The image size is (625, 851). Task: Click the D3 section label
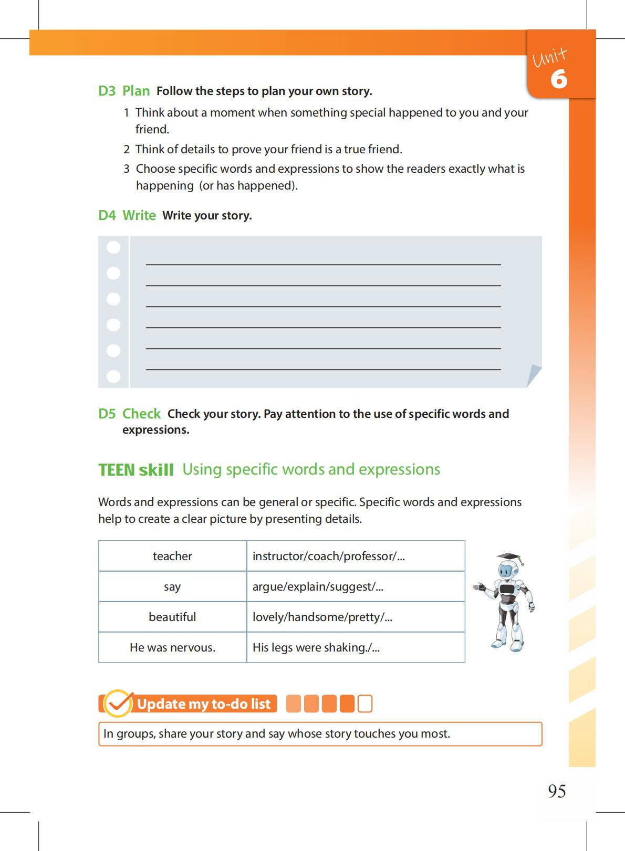[x=107, y=91]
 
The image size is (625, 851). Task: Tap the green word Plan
[x=136, y=91]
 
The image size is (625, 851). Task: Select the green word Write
[x=139, y=215]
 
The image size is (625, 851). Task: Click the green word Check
[x=141, y=414]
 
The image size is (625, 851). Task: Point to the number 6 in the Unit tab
[x=559, y=79]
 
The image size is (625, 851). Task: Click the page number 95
[x=557, y=791]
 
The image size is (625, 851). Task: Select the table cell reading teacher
[x=172, y=556]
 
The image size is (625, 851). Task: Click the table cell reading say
[x=172, y=586]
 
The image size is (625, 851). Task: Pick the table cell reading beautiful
[x=172, y=617]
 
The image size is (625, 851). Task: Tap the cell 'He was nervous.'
[x=172, y=647]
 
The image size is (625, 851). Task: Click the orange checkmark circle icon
[x=118, y=703]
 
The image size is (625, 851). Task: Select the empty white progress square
[x=364, y=703]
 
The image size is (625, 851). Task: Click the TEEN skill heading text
[x=136, y=470]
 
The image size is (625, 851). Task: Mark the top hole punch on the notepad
[x=113, y=247]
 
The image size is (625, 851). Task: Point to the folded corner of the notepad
[x=534, y=375]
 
